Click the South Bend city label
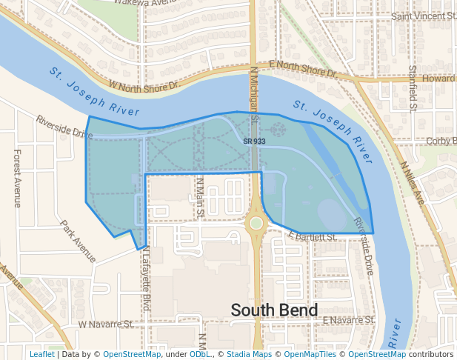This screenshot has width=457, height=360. coord(274,310)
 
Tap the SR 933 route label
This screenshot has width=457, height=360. coord(254,141)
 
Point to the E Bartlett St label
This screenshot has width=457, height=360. coord(313,237)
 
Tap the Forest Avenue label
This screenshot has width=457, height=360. coord(17,178)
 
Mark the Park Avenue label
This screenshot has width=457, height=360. coord(79,241)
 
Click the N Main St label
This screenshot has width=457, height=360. coord(200,198)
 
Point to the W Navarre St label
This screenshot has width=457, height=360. coord(105,324)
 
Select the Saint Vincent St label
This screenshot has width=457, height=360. coord(423,16)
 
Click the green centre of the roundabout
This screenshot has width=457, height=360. coord(256,222)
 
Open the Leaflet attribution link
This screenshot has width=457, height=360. coord(41,354)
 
